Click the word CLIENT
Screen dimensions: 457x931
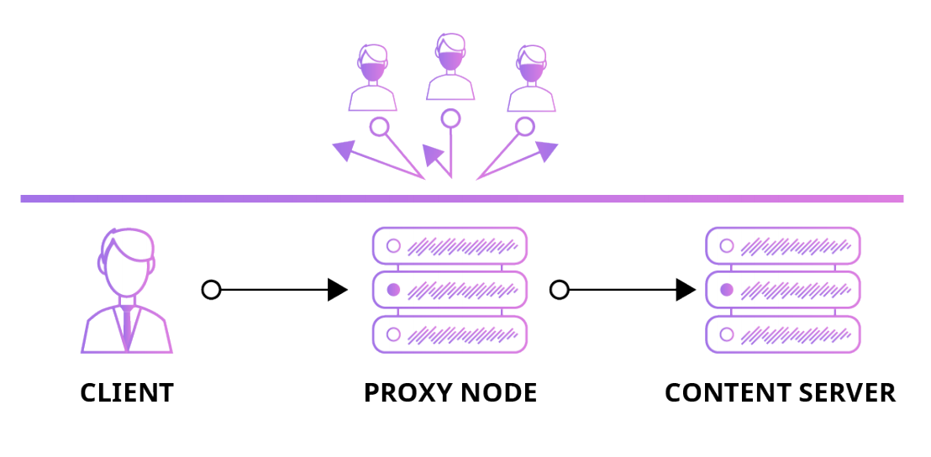127,392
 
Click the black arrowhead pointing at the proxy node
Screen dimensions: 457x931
337,290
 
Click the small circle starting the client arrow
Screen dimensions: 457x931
212,290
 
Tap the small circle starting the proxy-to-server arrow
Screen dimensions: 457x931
560,290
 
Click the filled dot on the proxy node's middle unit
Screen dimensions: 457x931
392,290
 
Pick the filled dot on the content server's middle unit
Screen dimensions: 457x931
727,290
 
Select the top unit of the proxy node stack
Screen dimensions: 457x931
450,246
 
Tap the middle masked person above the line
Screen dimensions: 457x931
451,67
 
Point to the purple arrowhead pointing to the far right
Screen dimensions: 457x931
547,151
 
